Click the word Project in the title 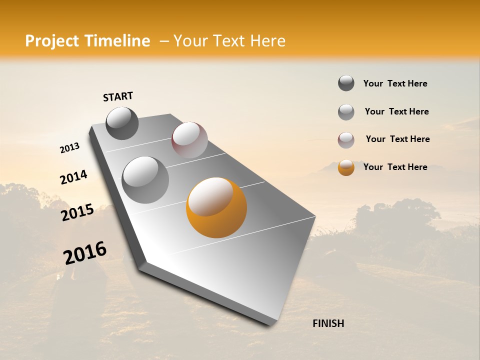coord(52,41)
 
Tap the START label coord(118,96)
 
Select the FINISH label coord(328,323)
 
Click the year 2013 coord(70,148)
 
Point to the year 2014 coord(73,177)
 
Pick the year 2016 coord(85,253)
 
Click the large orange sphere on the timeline coord(216,207)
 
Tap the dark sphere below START coord(122,123)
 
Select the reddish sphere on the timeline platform coord(189,139)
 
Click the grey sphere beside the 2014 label coord(145,179)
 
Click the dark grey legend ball coord(346,83)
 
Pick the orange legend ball coord(346,167)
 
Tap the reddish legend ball coord(346,140)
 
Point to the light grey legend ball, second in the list coord(346,112)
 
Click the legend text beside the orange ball coord(395,167)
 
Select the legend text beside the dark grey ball coord(395,83)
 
